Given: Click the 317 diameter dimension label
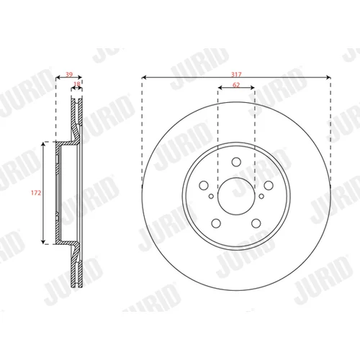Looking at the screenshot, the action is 236,74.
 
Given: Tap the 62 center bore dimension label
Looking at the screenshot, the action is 236,85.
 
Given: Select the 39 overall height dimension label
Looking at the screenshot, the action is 69,74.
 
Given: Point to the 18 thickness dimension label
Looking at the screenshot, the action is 77,84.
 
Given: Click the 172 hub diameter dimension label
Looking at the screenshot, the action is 36,193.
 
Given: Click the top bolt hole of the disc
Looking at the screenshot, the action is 236,162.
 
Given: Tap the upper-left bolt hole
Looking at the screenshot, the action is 204,185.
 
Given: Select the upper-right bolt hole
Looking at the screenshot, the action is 269,185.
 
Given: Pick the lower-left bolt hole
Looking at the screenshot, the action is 216,223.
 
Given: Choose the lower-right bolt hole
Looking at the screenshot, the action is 256,223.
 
